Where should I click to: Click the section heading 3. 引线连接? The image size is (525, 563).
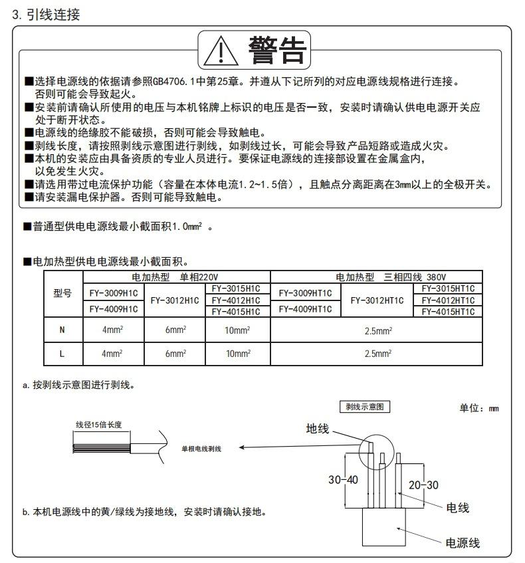(x=47, y=14)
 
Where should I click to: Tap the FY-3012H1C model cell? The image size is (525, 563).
(x=175, y=300)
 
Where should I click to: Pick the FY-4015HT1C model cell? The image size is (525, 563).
(x=448, y=311)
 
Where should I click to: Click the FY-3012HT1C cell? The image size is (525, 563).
(x=377, y=300)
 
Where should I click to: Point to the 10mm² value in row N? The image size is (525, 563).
(x=237, y=330)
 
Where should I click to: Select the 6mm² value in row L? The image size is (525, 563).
(x=175, y=354)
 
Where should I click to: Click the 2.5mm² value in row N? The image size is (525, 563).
(x=377, y=330)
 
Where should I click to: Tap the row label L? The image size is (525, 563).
(x=62, y=354)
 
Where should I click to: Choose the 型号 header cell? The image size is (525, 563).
(x=62, y=293)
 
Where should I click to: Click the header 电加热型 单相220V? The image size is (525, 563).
(x=175, y=277)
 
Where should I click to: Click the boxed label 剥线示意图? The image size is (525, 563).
(x=361, y=407)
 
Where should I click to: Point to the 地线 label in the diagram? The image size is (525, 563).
(x=318, y=429)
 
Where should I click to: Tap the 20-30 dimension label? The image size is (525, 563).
(x=423, y=485)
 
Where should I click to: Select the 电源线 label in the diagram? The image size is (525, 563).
(x=462, y=542)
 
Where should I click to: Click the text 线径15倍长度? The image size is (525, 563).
(x=99, y=423)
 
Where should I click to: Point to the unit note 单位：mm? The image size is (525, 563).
(x=478, y=408)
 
